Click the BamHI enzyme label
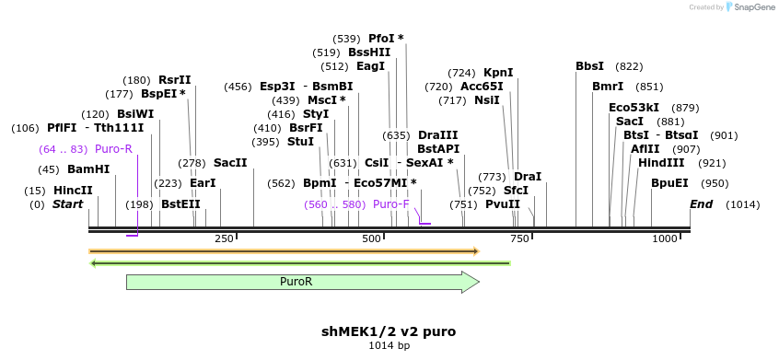tap(88, 169)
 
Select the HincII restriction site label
tap(73, 191)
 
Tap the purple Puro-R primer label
tap(113, 149)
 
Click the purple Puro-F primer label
tap(391, 204)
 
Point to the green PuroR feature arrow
tap(302, 282)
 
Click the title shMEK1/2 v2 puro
tap(389, 331)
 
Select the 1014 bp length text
tap(389, 345)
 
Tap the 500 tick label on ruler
tap(372, 239)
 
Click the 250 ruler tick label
tap(224, 239)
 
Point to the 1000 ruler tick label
tap(665, 239)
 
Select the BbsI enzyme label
tap(590, 66)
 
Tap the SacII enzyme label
tap(230, 163)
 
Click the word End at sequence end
tap(702, 204)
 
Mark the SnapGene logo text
tap(753, 7)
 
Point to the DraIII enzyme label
tap(438, 135)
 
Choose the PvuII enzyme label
tap(503, 204)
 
